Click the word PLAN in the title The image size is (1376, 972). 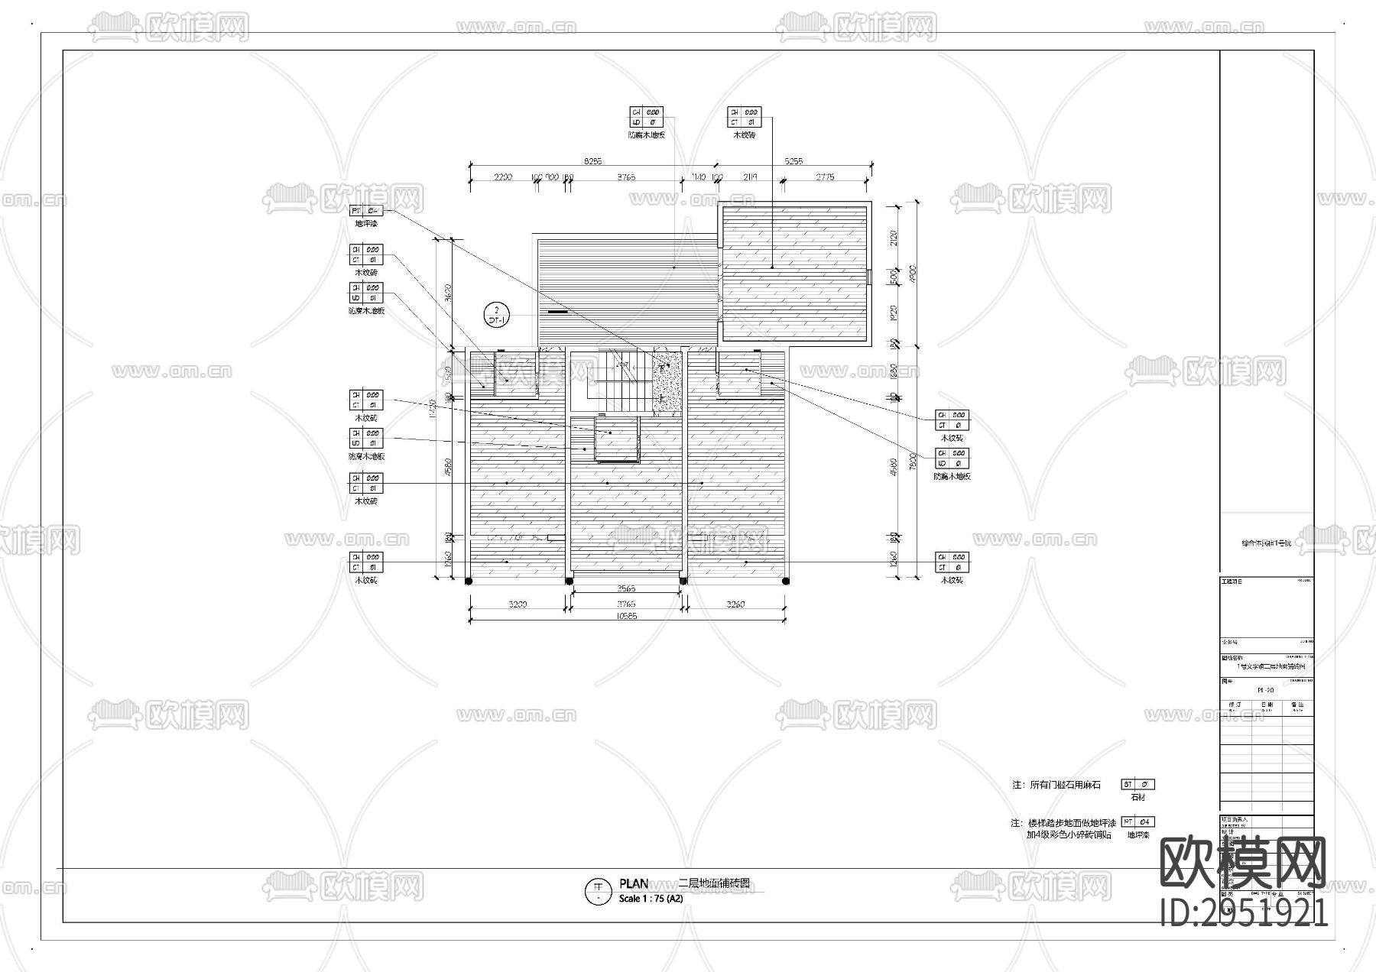tap(634, 884)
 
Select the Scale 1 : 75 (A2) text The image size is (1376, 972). tap(651, 899)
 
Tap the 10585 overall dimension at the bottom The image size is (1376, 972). tap(626, 615)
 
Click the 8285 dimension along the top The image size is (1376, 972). tap(592, 161)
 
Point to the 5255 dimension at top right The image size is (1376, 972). tap(794, 161)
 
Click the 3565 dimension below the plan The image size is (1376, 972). tap(626, 589)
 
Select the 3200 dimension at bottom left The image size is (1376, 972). tap(518, 604)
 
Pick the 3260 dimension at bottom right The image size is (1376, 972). tap(735, 604)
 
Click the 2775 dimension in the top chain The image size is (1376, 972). tap(825, 177)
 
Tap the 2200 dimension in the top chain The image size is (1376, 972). tap(501, 177)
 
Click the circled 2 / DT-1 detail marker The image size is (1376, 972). tap(497, 315)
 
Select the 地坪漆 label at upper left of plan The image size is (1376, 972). tap(365, 224)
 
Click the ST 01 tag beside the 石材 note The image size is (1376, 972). tap(1137, 784)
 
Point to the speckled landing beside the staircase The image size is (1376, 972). tap(667, 382)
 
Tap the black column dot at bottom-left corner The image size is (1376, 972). tap(469, 582)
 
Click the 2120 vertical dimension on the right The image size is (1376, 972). tap(894, 238)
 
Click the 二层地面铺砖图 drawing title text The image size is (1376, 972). tap(714, 884)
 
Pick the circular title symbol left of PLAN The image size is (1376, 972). tap(597, 889)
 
